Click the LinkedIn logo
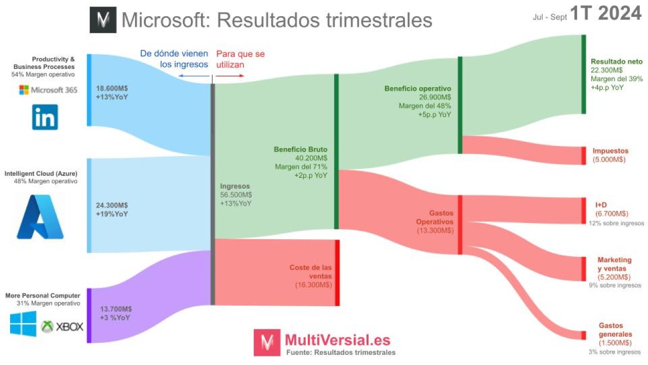point(45,117)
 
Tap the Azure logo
point(40,216)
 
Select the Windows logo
point(23,323)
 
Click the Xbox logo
point(62,326)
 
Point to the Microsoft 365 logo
point(48,90)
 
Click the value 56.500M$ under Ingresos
point(236,195)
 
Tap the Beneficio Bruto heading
point(301,150)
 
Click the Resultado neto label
point(617,61)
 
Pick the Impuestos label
point(611,151)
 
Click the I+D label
point(601,205)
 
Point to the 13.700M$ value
point(116,309)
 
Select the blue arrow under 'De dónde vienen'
point(193,76)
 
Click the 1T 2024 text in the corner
point(605,14)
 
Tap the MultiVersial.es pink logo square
point(267,342)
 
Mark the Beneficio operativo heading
point(417,89)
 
